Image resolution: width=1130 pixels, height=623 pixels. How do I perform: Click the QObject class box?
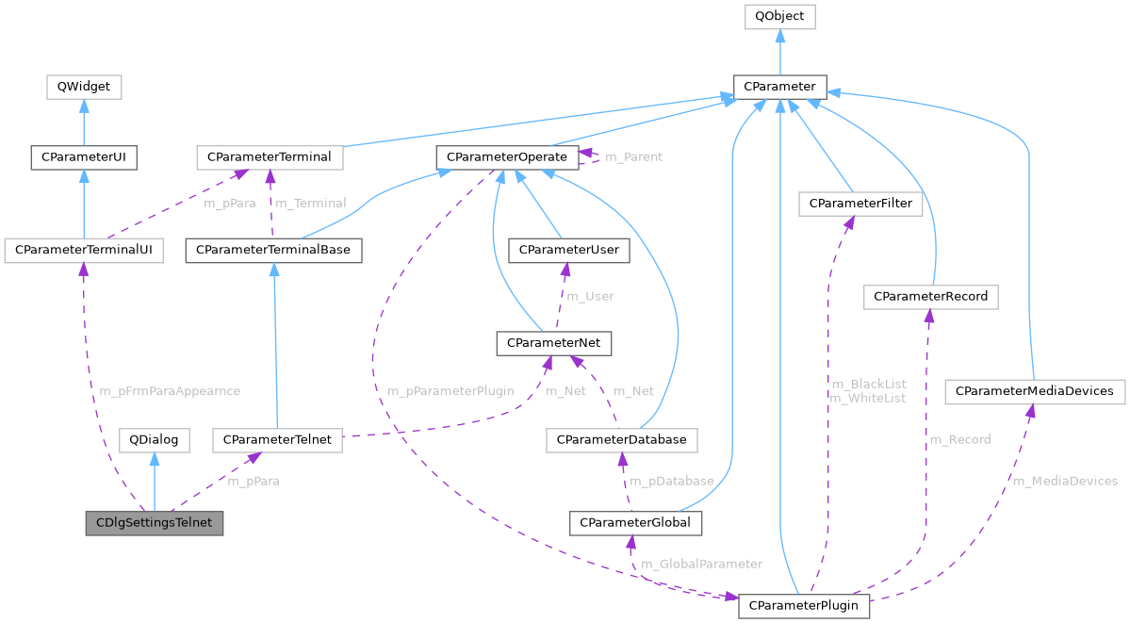pyautogui.click(x=779, y=17)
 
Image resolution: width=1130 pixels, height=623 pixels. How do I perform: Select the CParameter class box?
pyautogui.click(x=779, y=87)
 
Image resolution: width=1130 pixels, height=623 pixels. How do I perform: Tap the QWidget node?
pyautogui.click(x=84, y=87)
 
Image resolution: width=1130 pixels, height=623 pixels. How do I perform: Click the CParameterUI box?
pyautogui.click(x=84, y=156)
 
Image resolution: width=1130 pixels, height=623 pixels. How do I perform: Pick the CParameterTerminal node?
pyautogui.click(x=270, y=156)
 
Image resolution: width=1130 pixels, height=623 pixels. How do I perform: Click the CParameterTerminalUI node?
pyautogui.click(x=84, y=250)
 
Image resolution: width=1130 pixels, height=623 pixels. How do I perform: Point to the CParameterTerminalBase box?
pyautogui.click(x=273, y=250)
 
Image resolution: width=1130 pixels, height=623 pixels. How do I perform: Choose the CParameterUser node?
pyautogui.click(x=564, y=250)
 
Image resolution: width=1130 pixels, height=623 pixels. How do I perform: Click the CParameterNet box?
pyautogui.click(x=554, y=343)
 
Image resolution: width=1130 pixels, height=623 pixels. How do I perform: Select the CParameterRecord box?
pyautogui.click(x=930, y=296)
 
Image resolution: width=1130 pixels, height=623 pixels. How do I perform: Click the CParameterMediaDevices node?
pyautogui.click(x=1034, y=390)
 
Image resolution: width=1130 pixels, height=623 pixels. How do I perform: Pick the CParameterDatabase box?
pyautogui.click(x=622, y=439)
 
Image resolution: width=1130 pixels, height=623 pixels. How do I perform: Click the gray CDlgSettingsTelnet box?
pyautogui.click(x=155, y=522)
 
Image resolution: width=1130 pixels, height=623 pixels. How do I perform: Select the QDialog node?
pyautogui.click(x=155, y=439)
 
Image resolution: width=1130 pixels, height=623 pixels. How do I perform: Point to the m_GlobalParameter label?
pyautogui.click(x=701, y=564)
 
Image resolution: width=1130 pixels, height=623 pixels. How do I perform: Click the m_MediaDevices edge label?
pyautogui.click(x=1064, y=481)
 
